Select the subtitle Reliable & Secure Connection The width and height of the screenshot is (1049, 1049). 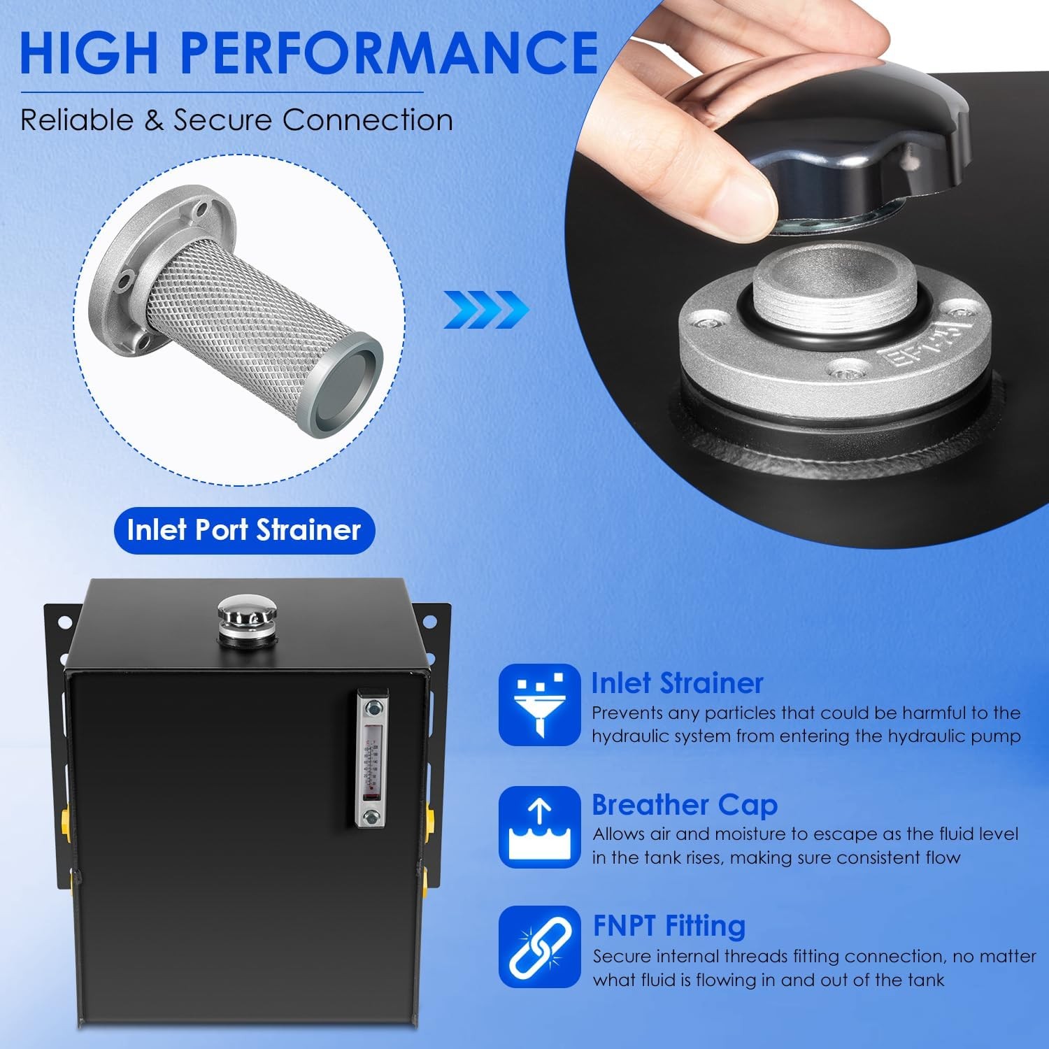pos(236,120)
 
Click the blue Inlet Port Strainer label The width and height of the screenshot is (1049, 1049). pos(244,530)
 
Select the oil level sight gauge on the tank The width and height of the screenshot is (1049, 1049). pos(372,759)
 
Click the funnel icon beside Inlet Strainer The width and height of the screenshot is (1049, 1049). pos(539,705)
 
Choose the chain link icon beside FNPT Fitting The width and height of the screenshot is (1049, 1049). pos(539,948)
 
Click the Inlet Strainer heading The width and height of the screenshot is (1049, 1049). pos(677,683)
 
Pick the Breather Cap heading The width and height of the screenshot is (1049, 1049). pos(684,805)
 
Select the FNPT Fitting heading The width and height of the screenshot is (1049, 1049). pos(669,926)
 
